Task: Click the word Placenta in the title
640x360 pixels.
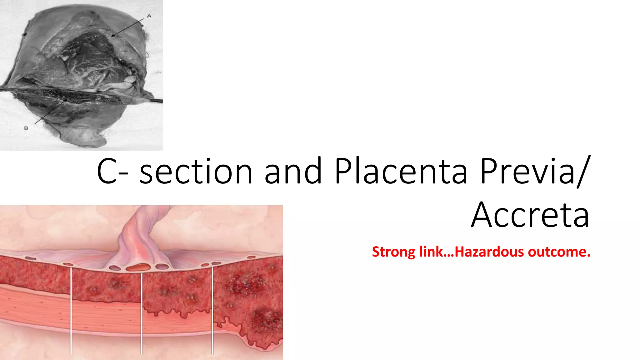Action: point(401,172)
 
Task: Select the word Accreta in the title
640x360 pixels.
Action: point(530,215)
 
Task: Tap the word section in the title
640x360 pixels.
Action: point(196,172)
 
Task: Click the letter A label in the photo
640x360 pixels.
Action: point(149,16)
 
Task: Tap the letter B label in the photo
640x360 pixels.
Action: point(26,128)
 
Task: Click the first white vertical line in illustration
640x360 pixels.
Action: point(71,309)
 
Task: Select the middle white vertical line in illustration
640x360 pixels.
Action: point(142,312)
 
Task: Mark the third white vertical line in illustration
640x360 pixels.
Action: point(212,309)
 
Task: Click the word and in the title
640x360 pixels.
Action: point(293,172)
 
